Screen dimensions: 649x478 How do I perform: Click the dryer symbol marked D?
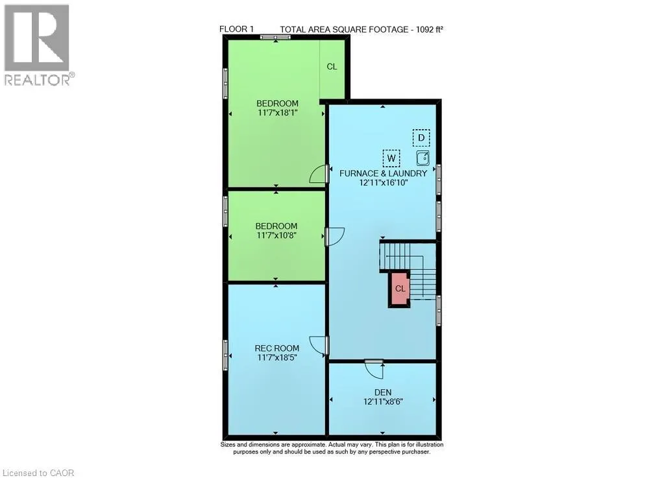click(x=421, y=137)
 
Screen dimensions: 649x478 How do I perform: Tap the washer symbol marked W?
click(x=391, y=158)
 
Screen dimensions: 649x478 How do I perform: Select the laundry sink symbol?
click(x=422, y=158)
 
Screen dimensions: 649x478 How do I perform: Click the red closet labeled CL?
click(x=399, y=289)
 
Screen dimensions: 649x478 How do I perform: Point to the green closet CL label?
click(x=332, y=67)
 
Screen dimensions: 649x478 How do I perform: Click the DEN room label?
click(x=383, y=392)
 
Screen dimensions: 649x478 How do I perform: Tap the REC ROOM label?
click(x=277, y=348)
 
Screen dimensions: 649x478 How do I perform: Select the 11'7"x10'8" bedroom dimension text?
click(x=277, y=235)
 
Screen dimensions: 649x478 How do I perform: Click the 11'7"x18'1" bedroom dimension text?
click(x=277, y=113)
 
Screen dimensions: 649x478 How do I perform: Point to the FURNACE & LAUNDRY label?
click(x=384, y=174)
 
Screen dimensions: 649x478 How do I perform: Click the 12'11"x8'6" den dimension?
click(x=384, y=401)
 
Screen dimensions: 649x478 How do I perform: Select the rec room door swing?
click(x=319, y=346)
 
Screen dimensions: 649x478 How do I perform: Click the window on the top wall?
click(x=275, y=37)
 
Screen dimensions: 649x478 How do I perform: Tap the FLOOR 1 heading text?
click(x=236, y=29)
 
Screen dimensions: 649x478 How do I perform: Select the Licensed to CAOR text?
click(x=38, y=473)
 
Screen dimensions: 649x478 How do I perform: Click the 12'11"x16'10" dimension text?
click(x=384, y=183)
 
